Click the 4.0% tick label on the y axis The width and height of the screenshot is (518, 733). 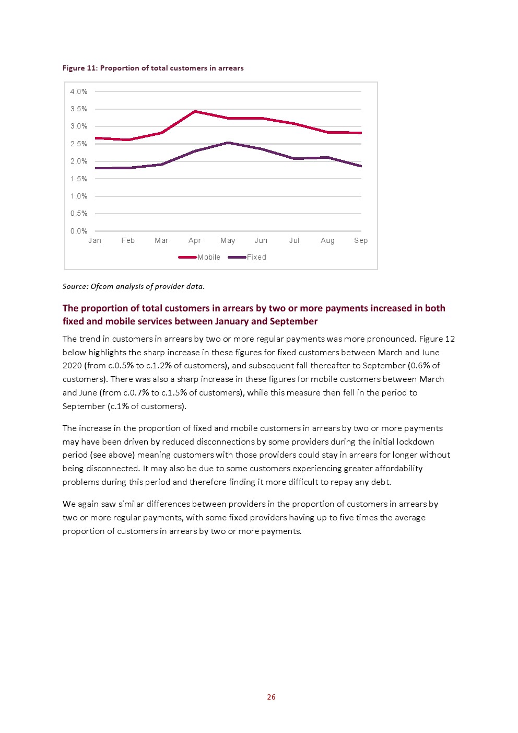[79, 91]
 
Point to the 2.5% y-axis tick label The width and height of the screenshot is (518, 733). [79, 144]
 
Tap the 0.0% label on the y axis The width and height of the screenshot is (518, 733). [79, 231]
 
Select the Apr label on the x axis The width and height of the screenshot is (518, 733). [195, 240]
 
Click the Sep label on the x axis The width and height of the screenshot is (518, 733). [361, 240]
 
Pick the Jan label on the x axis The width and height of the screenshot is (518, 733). [95, 240]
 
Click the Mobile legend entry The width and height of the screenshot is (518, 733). [199, 257]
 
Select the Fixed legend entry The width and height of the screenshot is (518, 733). [247, 257]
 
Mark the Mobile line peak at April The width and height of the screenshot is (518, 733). [195, 112]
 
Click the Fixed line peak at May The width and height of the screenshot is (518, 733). [228, 143]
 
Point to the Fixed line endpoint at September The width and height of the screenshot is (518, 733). [361, 166]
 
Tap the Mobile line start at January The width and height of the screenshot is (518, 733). [96, 138]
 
